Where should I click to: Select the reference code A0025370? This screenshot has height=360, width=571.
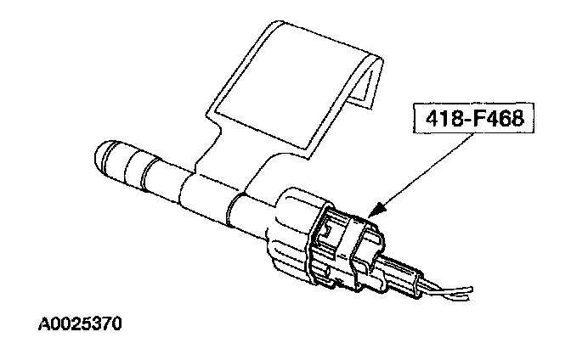point(81,324)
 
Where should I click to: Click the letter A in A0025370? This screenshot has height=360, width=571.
point(43,324)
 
